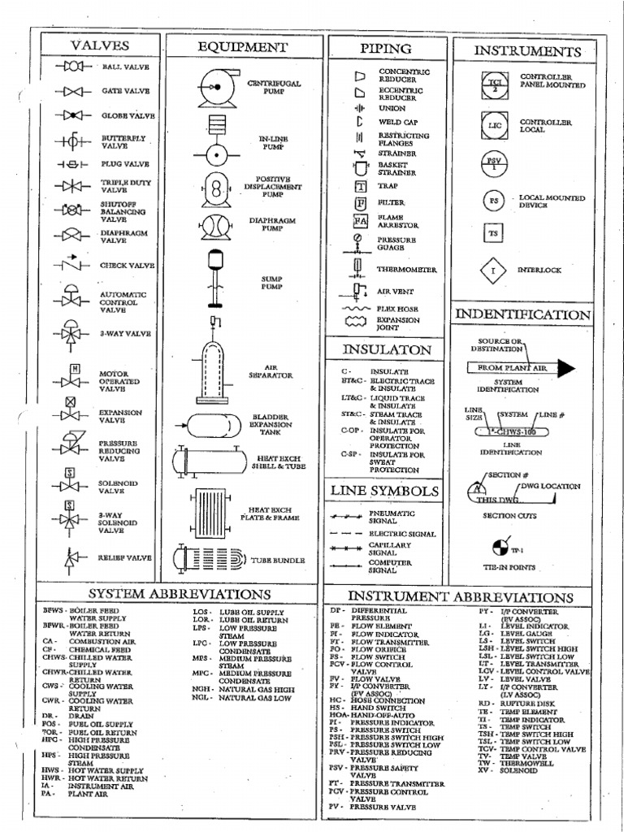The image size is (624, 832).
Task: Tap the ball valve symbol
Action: [x=73, y=65]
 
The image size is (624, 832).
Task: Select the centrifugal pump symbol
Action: [x=215, y=85]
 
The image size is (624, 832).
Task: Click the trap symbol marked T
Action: [x=361, y=186]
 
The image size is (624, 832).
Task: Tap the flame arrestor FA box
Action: [x=361, y=220]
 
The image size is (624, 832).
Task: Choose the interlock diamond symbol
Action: [x=492, y=271]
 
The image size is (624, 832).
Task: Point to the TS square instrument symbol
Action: [x=492, y=233]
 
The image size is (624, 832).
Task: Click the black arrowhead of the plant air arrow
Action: [x=566, y=369]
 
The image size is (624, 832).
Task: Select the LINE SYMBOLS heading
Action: [x=385, y=491]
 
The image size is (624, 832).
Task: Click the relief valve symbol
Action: [x=71, y=558]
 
